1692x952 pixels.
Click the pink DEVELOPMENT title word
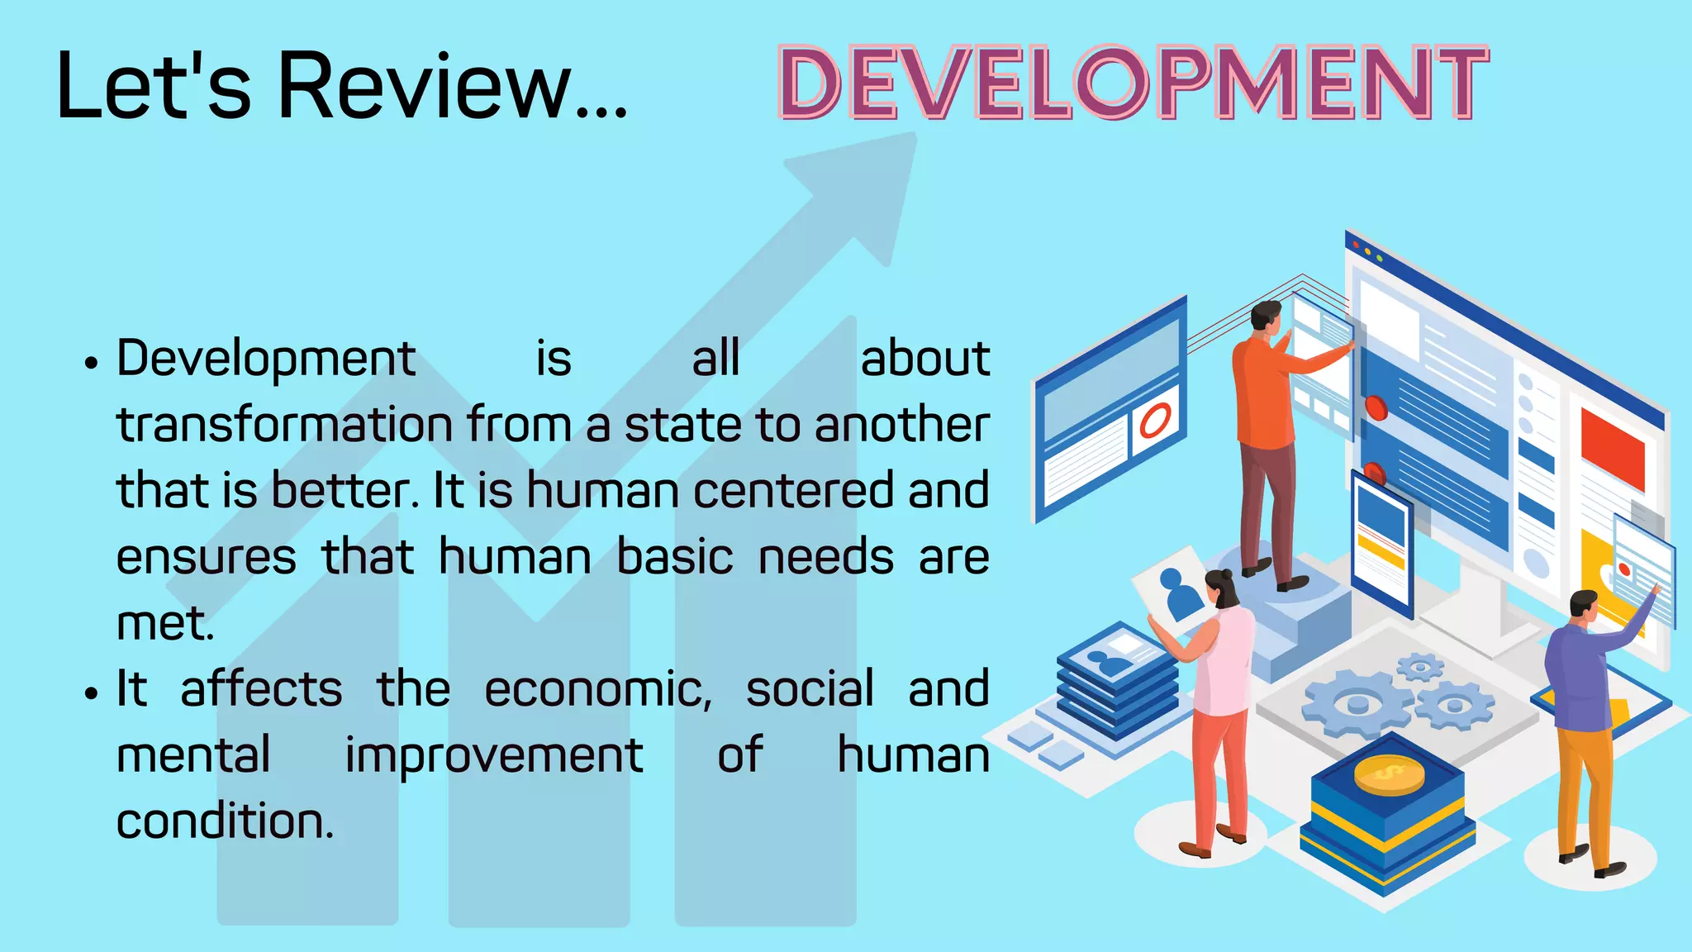(1133, 83)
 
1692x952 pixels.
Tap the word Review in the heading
(425, 86)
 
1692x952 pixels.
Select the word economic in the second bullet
(597, 689)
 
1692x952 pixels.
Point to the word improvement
(493, 755)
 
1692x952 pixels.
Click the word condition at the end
(225, 821)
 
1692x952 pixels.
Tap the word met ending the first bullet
(164, 624)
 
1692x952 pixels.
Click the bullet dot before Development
(91, 363)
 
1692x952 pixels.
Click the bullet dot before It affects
(91, 693)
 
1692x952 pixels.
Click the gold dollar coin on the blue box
(1389, 775)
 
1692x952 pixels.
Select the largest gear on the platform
(1357, 703)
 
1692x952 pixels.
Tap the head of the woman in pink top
(1221, 588)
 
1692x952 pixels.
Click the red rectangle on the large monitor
(1612, 446)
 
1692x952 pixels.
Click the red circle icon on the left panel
(1155, 421)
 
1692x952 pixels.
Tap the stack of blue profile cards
(1117, 686)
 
